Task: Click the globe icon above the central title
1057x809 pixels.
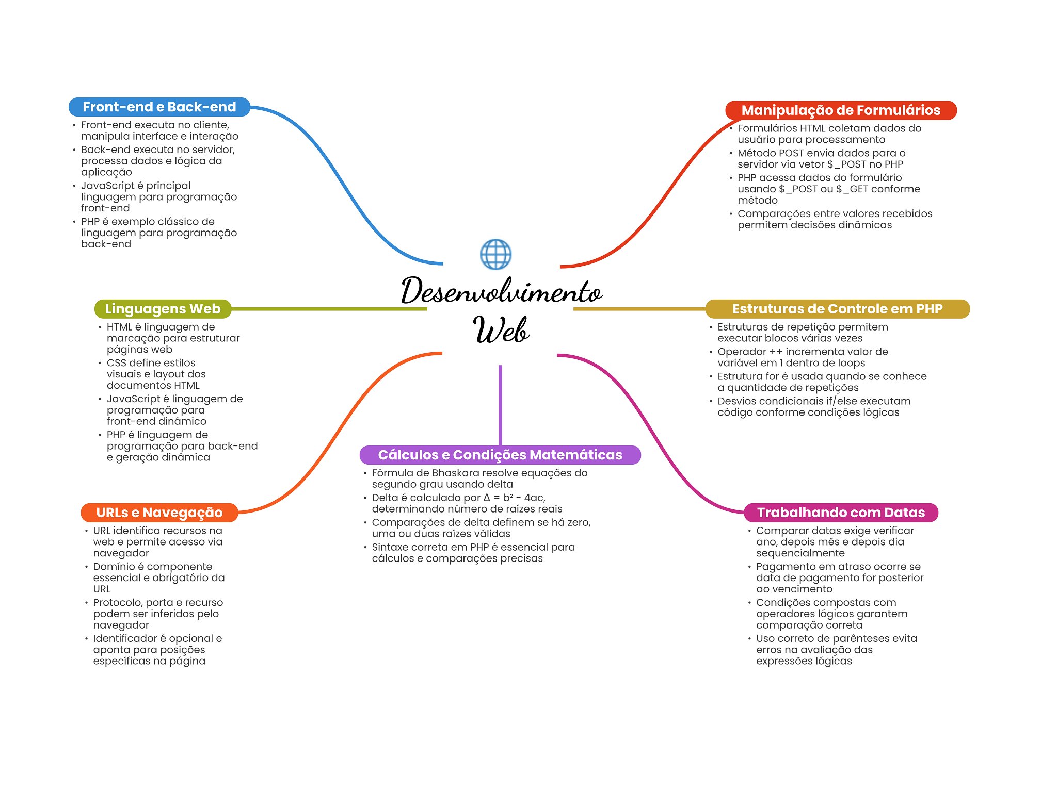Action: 495,254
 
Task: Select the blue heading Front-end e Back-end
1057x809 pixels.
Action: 159,107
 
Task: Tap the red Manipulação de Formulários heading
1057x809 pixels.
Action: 841,110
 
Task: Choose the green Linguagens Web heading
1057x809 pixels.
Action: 163,309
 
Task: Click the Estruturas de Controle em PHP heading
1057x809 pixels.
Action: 837,309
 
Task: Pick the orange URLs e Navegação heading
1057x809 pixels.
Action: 159,513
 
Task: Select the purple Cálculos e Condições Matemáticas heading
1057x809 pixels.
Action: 500,455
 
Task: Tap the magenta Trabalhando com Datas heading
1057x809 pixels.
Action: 841,513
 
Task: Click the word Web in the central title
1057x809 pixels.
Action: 501,329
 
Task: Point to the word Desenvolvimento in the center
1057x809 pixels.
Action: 501,290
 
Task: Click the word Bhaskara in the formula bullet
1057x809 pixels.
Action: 456,473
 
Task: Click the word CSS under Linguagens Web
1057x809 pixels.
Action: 116,363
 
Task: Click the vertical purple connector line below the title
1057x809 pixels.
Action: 500,405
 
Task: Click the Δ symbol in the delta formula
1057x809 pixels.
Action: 487,498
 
